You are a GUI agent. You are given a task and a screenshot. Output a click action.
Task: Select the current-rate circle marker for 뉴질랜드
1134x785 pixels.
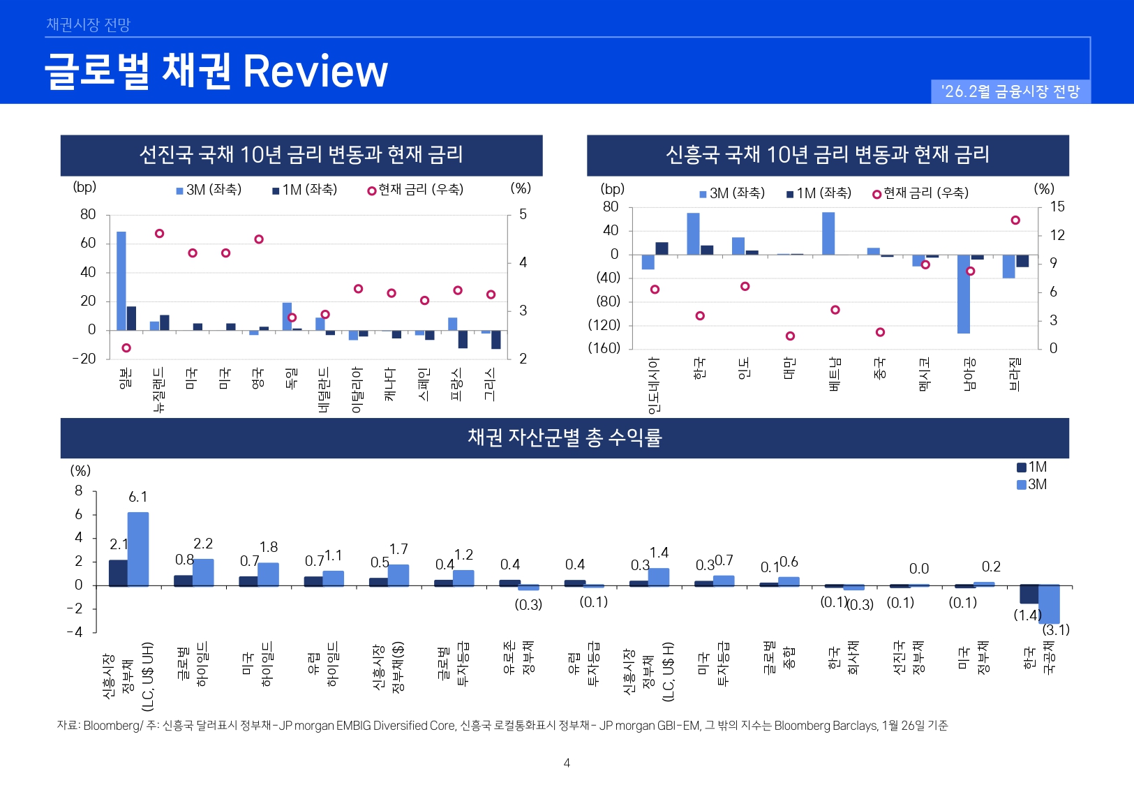point(159,234)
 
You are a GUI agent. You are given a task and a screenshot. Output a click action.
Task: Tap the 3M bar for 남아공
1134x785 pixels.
point(964,294)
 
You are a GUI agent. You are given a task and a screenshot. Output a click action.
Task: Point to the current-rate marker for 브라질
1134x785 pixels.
point(1015,220)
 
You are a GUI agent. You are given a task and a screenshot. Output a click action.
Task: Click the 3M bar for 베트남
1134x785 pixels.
point(828,234)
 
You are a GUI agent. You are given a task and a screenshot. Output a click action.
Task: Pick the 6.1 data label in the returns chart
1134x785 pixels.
point(138,497)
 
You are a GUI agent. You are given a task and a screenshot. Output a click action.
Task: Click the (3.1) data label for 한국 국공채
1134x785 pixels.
point(1056,629)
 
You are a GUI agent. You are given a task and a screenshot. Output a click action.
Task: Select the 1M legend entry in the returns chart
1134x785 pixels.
point(1032,467)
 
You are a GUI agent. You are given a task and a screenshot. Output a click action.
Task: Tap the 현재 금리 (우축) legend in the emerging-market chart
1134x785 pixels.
point(920,193)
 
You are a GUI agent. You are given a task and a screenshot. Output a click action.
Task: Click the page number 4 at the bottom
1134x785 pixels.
point(567,763)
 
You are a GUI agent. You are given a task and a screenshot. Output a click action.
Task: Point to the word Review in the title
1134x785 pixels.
point(315,71)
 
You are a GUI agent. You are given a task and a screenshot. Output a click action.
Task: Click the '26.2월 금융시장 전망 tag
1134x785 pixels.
point(1010,91)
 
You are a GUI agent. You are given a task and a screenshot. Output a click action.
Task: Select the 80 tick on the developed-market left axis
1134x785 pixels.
point(88,214)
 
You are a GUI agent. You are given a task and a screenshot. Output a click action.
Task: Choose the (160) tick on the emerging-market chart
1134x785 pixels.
point(604,347)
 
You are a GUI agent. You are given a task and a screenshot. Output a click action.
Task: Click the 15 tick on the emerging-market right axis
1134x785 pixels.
point(1057,207)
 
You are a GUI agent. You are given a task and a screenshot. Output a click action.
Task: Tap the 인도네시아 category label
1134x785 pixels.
point(654,385)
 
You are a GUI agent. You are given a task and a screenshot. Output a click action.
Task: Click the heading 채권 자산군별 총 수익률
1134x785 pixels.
point(565,438)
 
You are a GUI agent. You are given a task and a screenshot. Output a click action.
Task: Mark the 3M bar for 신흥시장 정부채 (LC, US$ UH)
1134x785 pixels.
point(137,548)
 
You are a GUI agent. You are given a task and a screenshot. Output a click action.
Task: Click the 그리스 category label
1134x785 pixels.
point(490,384)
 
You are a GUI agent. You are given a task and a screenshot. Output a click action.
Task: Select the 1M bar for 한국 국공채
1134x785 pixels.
point(1029,594)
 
